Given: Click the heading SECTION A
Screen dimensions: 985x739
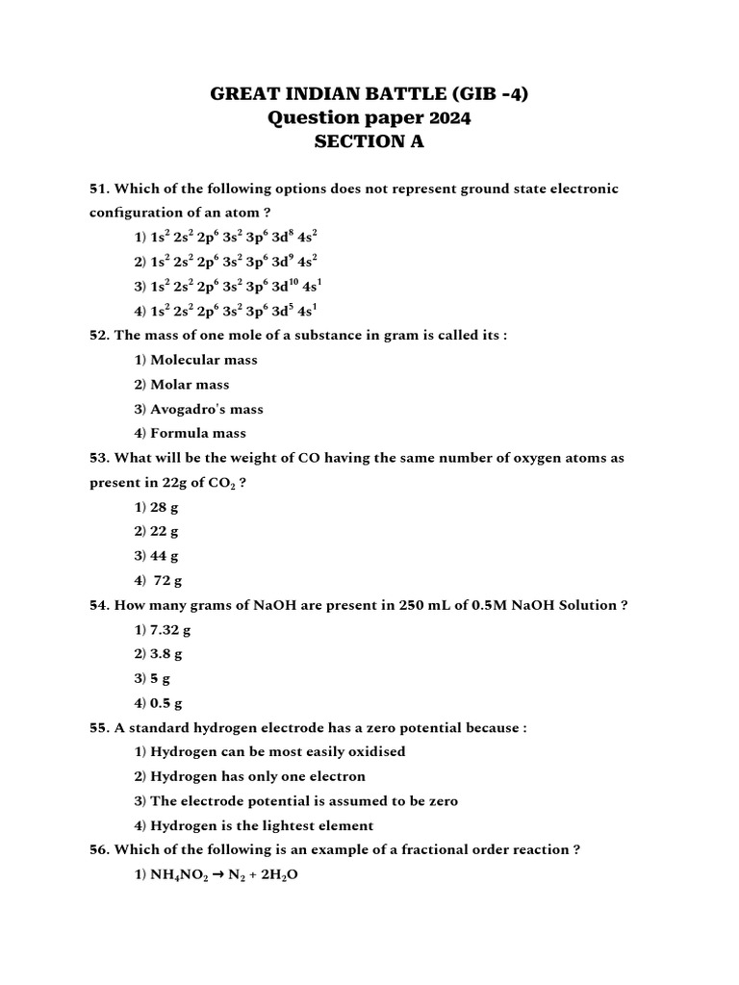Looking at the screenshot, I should [369, 142].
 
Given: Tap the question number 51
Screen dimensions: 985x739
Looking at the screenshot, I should [99, 189].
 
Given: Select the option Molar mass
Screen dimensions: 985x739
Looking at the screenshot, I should [190, 385].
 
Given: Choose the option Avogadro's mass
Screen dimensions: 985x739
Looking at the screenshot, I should [206, 409].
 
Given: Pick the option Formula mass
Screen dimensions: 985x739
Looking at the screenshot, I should [198, 433].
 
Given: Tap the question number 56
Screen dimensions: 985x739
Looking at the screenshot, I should [99, 850].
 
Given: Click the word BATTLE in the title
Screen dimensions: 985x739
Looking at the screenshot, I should [419, 94].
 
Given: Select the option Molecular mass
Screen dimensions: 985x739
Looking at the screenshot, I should [203, 360].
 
